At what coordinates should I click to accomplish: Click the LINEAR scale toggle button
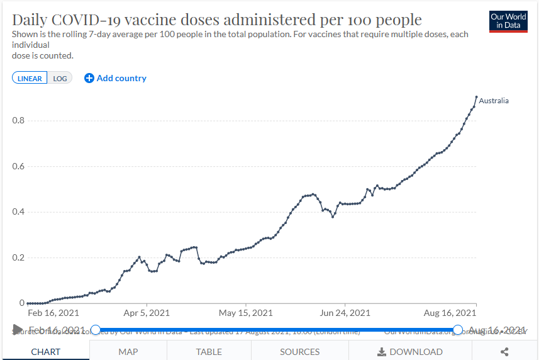point(30,78)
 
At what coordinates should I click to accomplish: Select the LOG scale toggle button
point(60,78)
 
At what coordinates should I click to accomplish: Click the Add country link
point(115,78)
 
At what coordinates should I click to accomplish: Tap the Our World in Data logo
point(508,21)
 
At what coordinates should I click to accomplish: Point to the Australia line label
point(494,101)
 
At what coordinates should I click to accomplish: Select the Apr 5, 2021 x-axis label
point(147,313)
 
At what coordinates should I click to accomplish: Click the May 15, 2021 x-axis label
point(246,313)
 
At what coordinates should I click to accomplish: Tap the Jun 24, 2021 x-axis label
point(345,313)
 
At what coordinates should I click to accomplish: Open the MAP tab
point(128,352)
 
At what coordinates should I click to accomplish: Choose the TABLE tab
point(209,352)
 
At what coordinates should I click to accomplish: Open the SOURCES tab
point(300,352)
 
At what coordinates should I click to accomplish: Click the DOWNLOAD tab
point(410,352)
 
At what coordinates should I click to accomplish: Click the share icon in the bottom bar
point(504,352)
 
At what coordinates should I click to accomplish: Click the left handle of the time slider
point(96,330)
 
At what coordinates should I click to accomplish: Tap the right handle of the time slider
point(458,330)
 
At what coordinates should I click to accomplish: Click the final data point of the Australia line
point(476,97)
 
